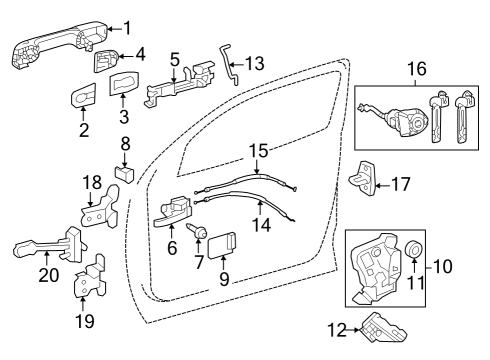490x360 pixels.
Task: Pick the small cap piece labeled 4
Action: (x=103, y=61)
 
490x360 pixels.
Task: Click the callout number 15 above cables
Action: (x=257, y=152)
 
